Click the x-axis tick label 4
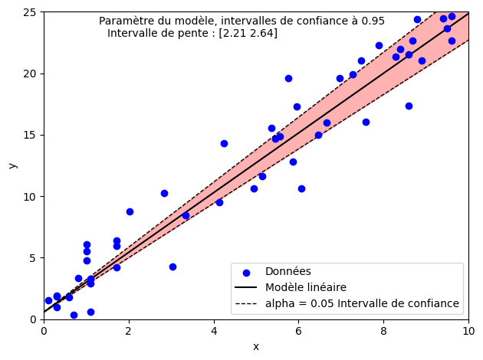214,331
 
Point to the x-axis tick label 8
383,331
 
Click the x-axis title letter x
256,346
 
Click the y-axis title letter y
12,165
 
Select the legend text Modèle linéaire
306,287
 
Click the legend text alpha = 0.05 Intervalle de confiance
362,303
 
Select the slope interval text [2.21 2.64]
248,33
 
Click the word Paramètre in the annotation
126,21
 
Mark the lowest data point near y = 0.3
74,315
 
